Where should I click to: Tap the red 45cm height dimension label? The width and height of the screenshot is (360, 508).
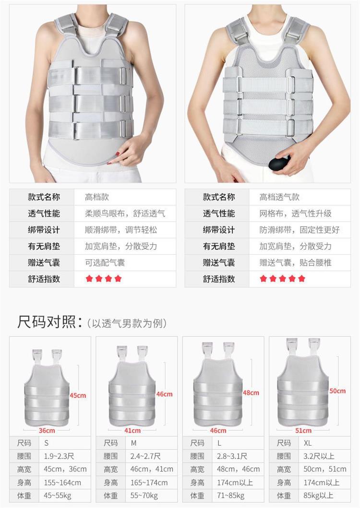78,395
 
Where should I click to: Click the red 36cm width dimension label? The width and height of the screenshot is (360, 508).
47,431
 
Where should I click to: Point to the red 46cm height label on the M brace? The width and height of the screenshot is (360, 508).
165,394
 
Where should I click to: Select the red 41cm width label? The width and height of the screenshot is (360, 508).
132,431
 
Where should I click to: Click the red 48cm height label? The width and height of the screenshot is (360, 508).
251,393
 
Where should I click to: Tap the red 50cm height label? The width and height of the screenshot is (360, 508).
337,391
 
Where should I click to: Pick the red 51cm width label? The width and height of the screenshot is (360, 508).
303,431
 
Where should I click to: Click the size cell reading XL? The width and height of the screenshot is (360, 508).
308,443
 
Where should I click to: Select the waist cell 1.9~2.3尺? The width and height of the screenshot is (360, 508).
59,456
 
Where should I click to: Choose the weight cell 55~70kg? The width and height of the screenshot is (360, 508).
144,496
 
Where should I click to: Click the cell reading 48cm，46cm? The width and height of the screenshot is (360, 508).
239,469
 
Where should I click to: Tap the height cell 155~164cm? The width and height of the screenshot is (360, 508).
62,483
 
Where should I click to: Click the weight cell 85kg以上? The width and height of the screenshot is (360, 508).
318,496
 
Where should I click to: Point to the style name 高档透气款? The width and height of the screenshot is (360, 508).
279,197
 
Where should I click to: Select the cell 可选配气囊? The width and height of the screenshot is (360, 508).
105,262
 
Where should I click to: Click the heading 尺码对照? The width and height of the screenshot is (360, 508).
47,322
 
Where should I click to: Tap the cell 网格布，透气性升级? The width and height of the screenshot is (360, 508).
296,213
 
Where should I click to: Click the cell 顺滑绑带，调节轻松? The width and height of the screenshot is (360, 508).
121,230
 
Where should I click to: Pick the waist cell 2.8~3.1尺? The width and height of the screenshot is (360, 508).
232,456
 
